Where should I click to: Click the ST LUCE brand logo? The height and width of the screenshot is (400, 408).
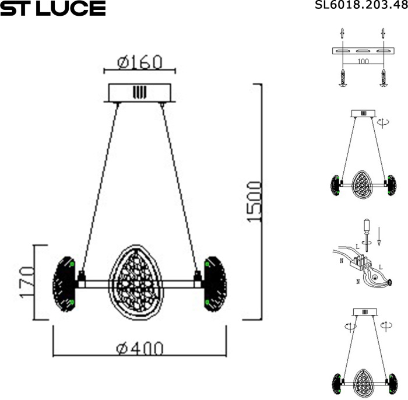click(52, 8)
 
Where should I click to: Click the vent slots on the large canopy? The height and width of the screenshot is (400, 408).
click(139, 92)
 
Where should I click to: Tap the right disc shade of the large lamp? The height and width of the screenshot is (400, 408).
click(214, 283)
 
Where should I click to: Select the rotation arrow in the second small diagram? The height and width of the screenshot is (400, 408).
click(383, 122)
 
